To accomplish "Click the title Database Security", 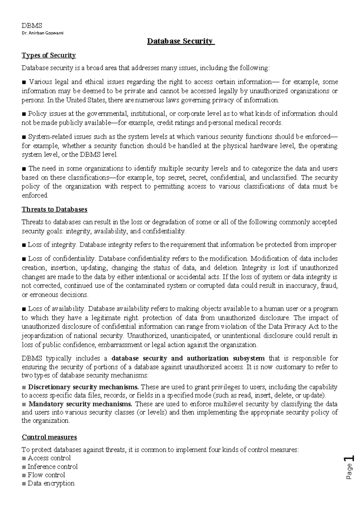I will pyautogui.click(x=181, y=41).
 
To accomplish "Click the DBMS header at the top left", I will pyautogui.click(x=32, y=26).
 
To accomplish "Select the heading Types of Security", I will pyautogui.click(x=49, y=56).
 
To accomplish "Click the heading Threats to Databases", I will pyautogui.click(x=54, y=209).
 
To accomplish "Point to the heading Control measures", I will pyautogui.click(x=49, y=437).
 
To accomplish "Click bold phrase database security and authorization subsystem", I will pyautogui.click(x=188, y=358).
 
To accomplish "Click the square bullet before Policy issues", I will pyautogui.click(x=24, y=114).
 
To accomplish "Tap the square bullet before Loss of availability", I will pyautogui.click(x=24, y=309).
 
